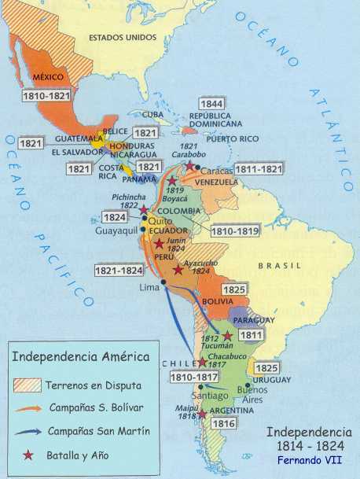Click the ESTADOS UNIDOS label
pos(123,37)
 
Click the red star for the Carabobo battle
pos(189,145)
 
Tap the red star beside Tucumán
pos(227,336)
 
